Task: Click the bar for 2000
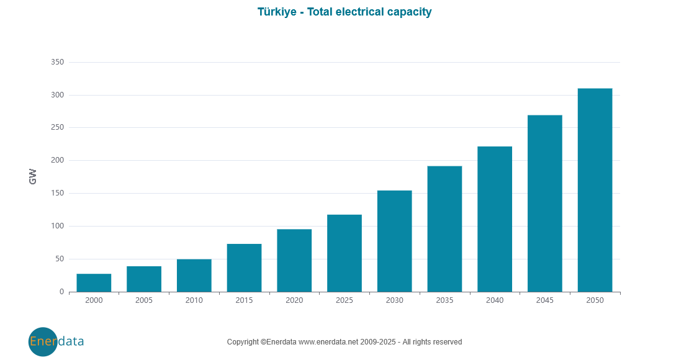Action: [x=94, y=282]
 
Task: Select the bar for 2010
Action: [x=194, y=276]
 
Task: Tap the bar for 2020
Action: [x=294, y=261]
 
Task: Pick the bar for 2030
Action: [x=395, y=241]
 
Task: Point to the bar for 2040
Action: [x=495, y=219]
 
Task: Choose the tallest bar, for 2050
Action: [x=595, y=190]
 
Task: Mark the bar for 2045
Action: [x=545, y=204]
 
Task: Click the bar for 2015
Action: [x=244, y=268]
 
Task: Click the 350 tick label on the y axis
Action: [x=57, y=62]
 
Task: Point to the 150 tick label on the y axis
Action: [x=57, y=193]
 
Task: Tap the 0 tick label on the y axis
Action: [x=61, y=292]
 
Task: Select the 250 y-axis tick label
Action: [x=57, y=128]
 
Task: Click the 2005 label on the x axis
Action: [x=144, y=300]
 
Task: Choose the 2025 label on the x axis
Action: [x=344, y=300]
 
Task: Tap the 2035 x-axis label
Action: [x=444, y=300]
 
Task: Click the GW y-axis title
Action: [x=33, y=177]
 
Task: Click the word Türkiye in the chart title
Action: [x=277, y=12]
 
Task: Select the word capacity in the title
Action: [x=408, y=12]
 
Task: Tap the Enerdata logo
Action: [x=56, y=341]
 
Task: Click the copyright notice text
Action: [x=344, y=342]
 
